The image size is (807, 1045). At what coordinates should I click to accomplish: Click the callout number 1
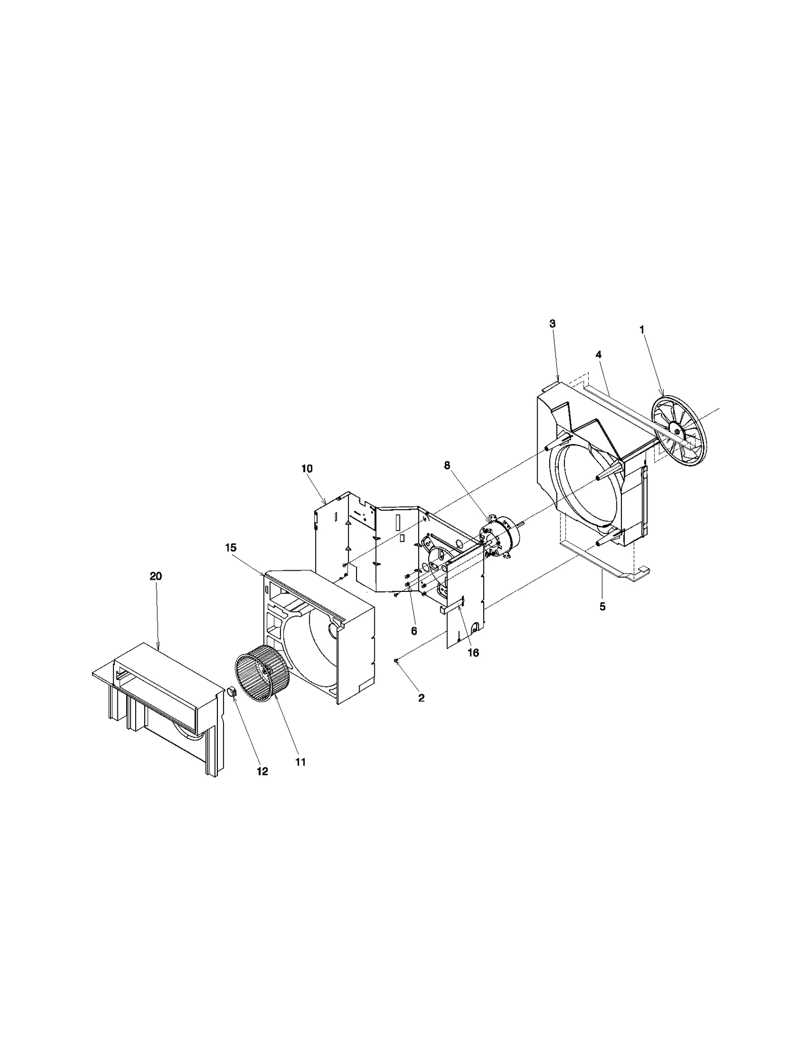(642, 329)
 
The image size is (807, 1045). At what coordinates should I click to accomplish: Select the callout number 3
(552, 323)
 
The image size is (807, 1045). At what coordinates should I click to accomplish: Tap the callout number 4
(598, 355)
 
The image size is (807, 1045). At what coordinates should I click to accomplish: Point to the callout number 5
(602, 607)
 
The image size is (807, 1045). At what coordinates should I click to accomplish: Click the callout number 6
(414, 631)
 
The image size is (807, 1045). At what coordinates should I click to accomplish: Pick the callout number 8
(447, 465)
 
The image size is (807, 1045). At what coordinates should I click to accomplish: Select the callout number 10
(307, 468)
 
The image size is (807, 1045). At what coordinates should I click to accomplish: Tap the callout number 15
(231, 547)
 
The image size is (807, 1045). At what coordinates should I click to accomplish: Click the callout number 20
(156, 576)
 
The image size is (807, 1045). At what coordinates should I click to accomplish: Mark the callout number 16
(473, 652)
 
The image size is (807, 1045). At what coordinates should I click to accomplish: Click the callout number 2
(421, 698)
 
